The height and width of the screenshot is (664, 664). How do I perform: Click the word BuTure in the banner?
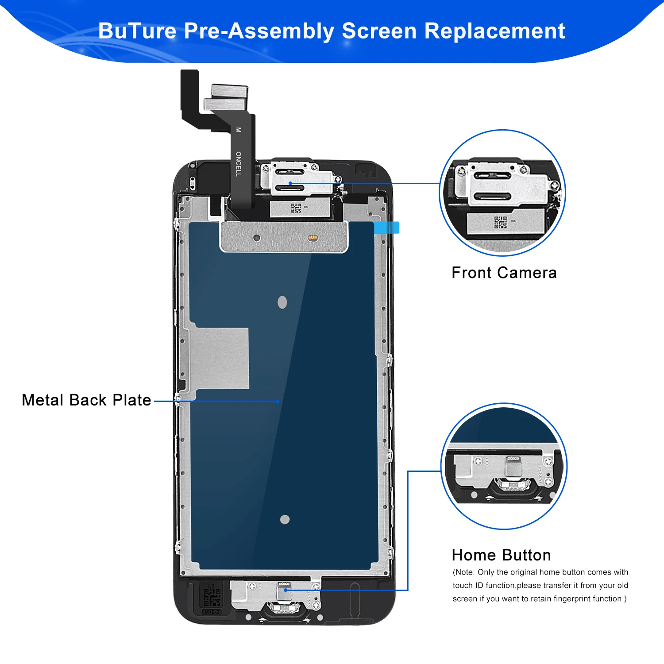pyautogui.click(x=137, y=31)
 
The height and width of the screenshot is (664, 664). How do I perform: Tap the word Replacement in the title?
pyautogui.click(x=495, y=31)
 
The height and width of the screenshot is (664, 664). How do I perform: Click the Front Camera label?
pyautogui.click(x=504, y=273)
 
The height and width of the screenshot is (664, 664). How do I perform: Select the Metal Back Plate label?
pyautogui.click(x=87, y=400)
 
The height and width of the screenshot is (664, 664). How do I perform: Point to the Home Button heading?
pyautogui.click(x=502, y=555)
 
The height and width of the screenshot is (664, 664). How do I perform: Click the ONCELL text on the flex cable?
pyautogui.click(x=239, y=164)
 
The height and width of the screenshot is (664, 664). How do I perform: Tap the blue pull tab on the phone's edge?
pyautogui.click(x=387, y=228)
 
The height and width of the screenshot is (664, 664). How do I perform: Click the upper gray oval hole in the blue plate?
pyautogui.click(x=282, y=302)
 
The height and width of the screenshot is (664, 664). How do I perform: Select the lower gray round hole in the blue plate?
pyautogui.click(x=285, y=519)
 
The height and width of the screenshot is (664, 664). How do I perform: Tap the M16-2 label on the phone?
pyautogui.click(x=212, y=612)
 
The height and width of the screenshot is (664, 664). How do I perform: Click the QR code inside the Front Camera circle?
pyautogui.click(x=501, y=223)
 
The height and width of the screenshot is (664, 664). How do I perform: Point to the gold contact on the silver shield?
pyautogui.click(x=313, y=238)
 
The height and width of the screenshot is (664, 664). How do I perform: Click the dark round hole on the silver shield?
pyautogui.click(x=257, y=238)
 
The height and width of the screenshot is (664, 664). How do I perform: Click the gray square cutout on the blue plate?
pyautogui.click(x=219, y=359)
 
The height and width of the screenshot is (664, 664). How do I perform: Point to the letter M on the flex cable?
pyautogui.click(x=239, y=130)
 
